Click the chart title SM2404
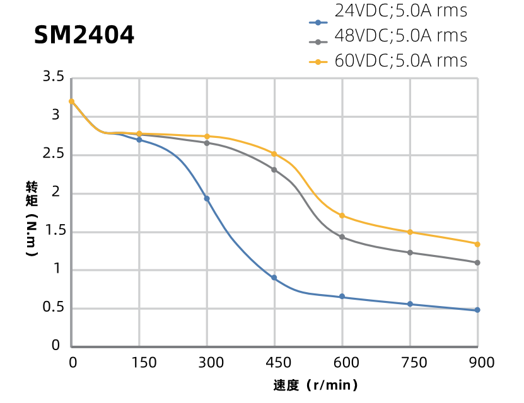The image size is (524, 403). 84,35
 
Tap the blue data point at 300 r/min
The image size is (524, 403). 207,199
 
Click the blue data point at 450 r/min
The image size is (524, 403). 274,278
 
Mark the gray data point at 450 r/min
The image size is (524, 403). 274,169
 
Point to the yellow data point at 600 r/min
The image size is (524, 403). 342,216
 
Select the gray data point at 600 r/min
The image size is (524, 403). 342,237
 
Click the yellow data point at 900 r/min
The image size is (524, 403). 477,244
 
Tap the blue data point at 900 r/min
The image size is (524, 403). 477,310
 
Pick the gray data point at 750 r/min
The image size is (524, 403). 410,253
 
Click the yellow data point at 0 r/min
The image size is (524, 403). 72,101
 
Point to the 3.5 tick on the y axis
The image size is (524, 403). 54,77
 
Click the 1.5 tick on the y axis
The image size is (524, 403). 54,232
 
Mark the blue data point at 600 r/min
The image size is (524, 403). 342,297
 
